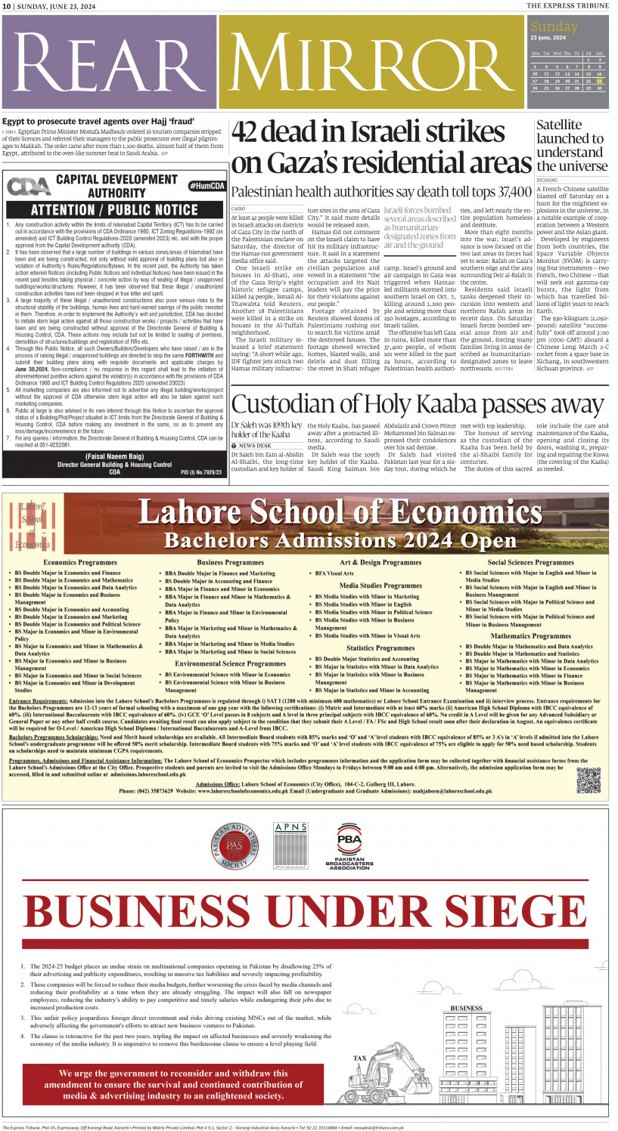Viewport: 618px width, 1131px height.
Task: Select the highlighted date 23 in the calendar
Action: pyautogui.click(x=599, y=80)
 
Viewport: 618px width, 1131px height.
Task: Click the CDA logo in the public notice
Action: pyautogui.click(x=28, y=187)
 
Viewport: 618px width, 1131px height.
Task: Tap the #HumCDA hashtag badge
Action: pyautogui.click(x=206, y=186)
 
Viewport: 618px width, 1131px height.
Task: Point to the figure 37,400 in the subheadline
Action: pyautogui.click(x=511, y=191)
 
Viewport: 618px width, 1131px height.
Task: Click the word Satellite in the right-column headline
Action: pyautogui.click(x=559, y=125)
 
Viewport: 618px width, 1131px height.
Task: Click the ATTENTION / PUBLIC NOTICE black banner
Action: pyautogui.click(x=114, y=210)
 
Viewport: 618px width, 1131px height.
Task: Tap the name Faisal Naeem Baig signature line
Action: pyautogui.click(x=114, y=456)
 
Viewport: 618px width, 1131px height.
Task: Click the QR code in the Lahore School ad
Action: pyautogui.click(x=588, y=779)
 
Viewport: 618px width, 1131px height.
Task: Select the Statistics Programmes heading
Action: pyautogui.click(x=380, y=648)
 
